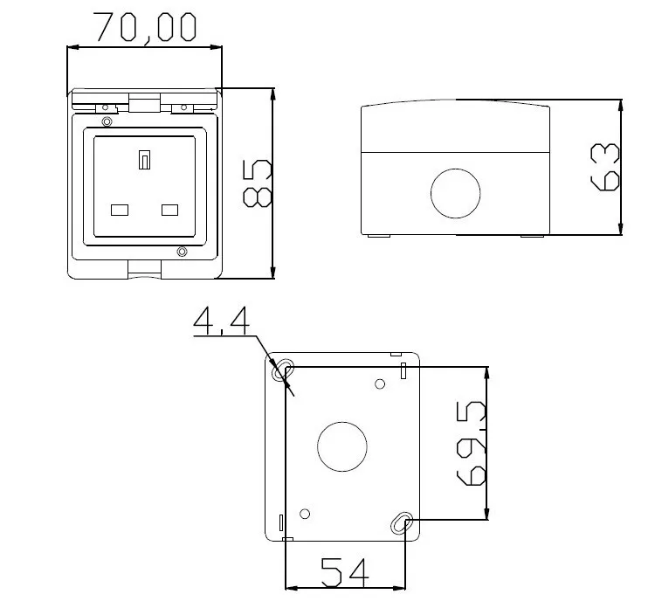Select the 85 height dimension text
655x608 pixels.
[258, 184]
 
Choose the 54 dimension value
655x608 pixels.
[345, 573]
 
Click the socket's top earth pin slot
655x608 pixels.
[145, 160]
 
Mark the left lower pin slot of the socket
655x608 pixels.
[120, 210]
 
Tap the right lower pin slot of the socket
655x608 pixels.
[170, 210]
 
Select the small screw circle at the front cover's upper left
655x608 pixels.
[107, 121]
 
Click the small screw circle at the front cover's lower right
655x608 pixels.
[182, 253]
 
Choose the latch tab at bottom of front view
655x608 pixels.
[144, 268]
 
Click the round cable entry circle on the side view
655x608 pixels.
[456, 192]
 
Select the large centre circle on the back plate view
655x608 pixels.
[342, 446]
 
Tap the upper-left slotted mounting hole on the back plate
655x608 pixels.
[284, 372]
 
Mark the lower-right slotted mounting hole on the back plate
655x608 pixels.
[401, 523]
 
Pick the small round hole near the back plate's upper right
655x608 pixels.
[380, 383]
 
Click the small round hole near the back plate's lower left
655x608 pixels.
[305, 513]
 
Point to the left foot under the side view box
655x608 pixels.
[378, 236]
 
